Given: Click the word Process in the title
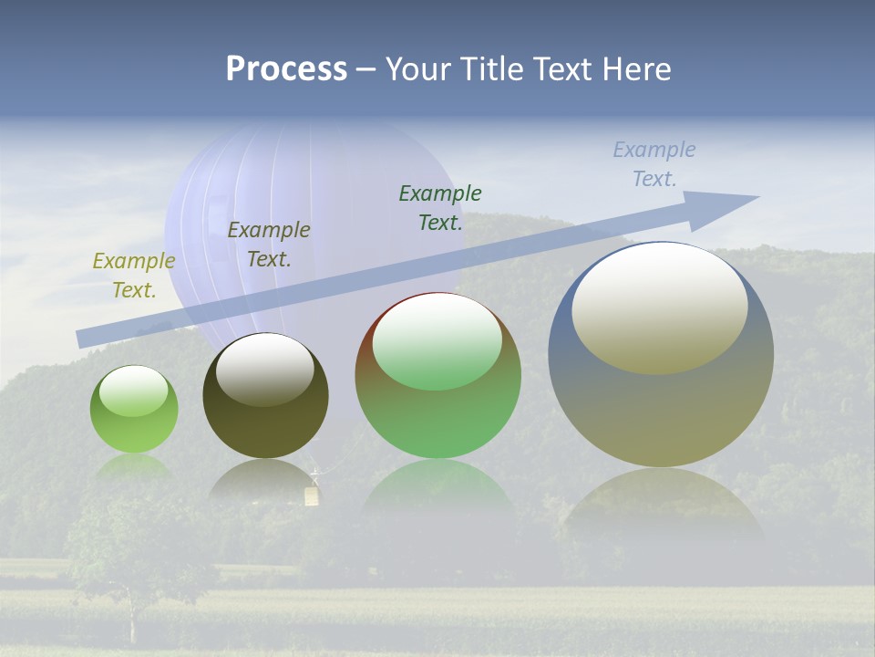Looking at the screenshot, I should click(x=286, y=69).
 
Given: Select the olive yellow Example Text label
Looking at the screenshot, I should click(x=133, y=276).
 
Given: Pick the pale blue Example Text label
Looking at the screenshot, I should click(x=654, y=164).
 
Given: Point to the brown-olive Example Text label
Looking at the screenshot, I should click(x=269, y=245).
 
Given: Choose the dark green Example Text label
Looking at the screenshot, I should click(x=440, y=208).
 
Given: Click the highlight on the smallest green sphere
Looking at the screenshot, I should click(x=133, y=391).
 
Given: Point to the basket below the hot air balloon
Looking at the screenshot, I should click(x=313, y=495).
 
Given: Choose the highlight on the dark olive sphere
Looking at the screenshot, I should click(x=264, y=368).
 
